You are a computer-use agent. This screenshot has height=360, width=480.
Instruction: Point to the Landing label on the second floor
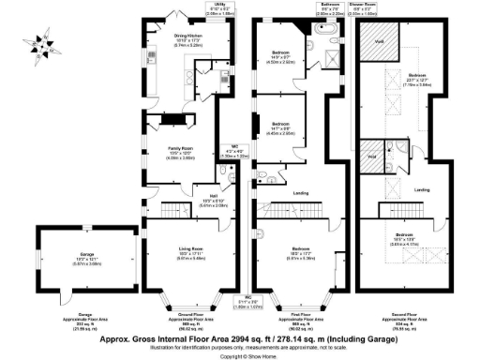(422, 190)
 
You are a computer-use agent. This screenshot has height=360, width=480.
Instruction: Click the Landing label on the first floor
(300, 194)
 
